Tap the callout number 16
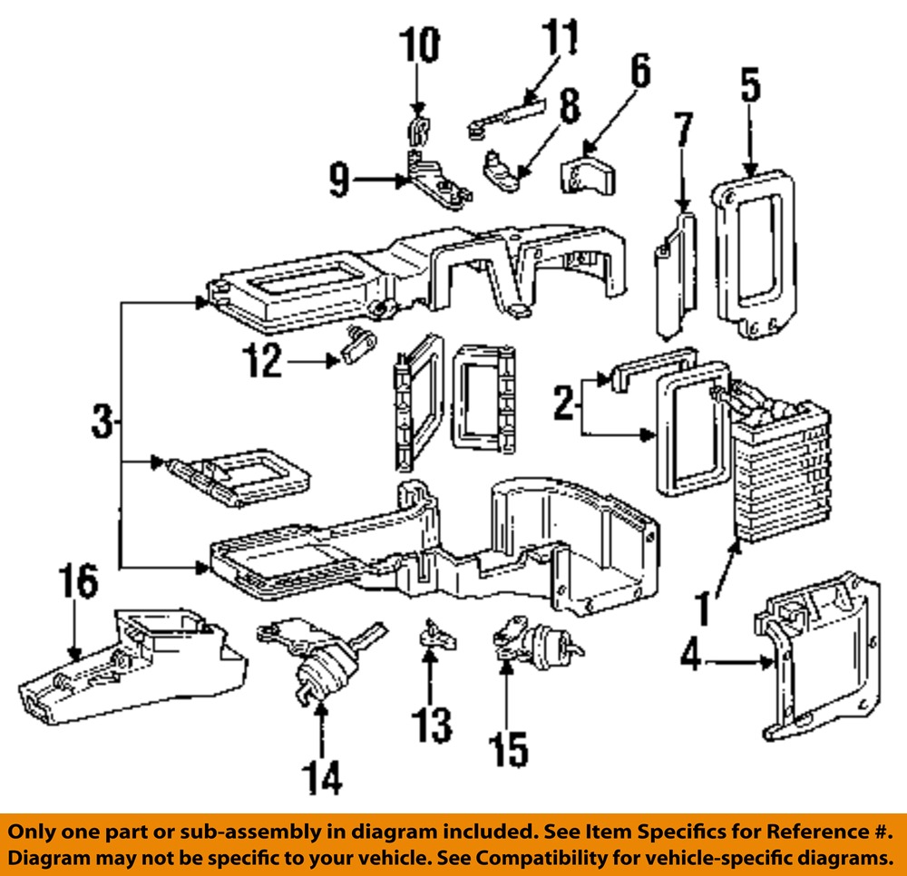(x=79, y=583)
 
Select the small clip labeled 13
(x=434, y=633)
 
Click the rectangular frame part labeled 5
(x=755, y=258)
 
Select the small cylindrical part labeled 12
(x=361, y=345)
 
